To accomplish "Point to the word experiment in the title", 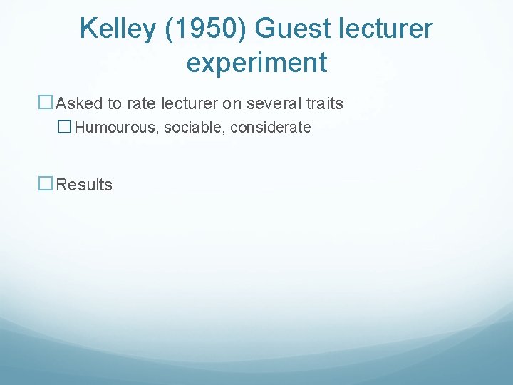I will tap(256, 63).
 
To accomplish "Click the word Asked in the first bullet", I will tap(79, 103).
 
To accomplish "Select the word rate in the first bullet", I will tap(142, 103).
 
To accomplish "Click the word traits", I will tap(326, 103).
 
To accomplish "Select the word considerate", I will tap(271, 128).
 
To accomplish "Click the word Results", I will tap(84, 185).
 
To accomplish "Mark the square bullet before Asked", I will tap(46, 103).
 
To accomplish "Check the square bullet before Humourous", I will tap(65, 128).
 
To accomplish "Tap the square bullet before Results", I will tap(46, 184).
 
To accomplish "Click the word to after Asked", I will tap(115, 103).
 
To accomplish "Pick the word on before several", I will tap(231, 103).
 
